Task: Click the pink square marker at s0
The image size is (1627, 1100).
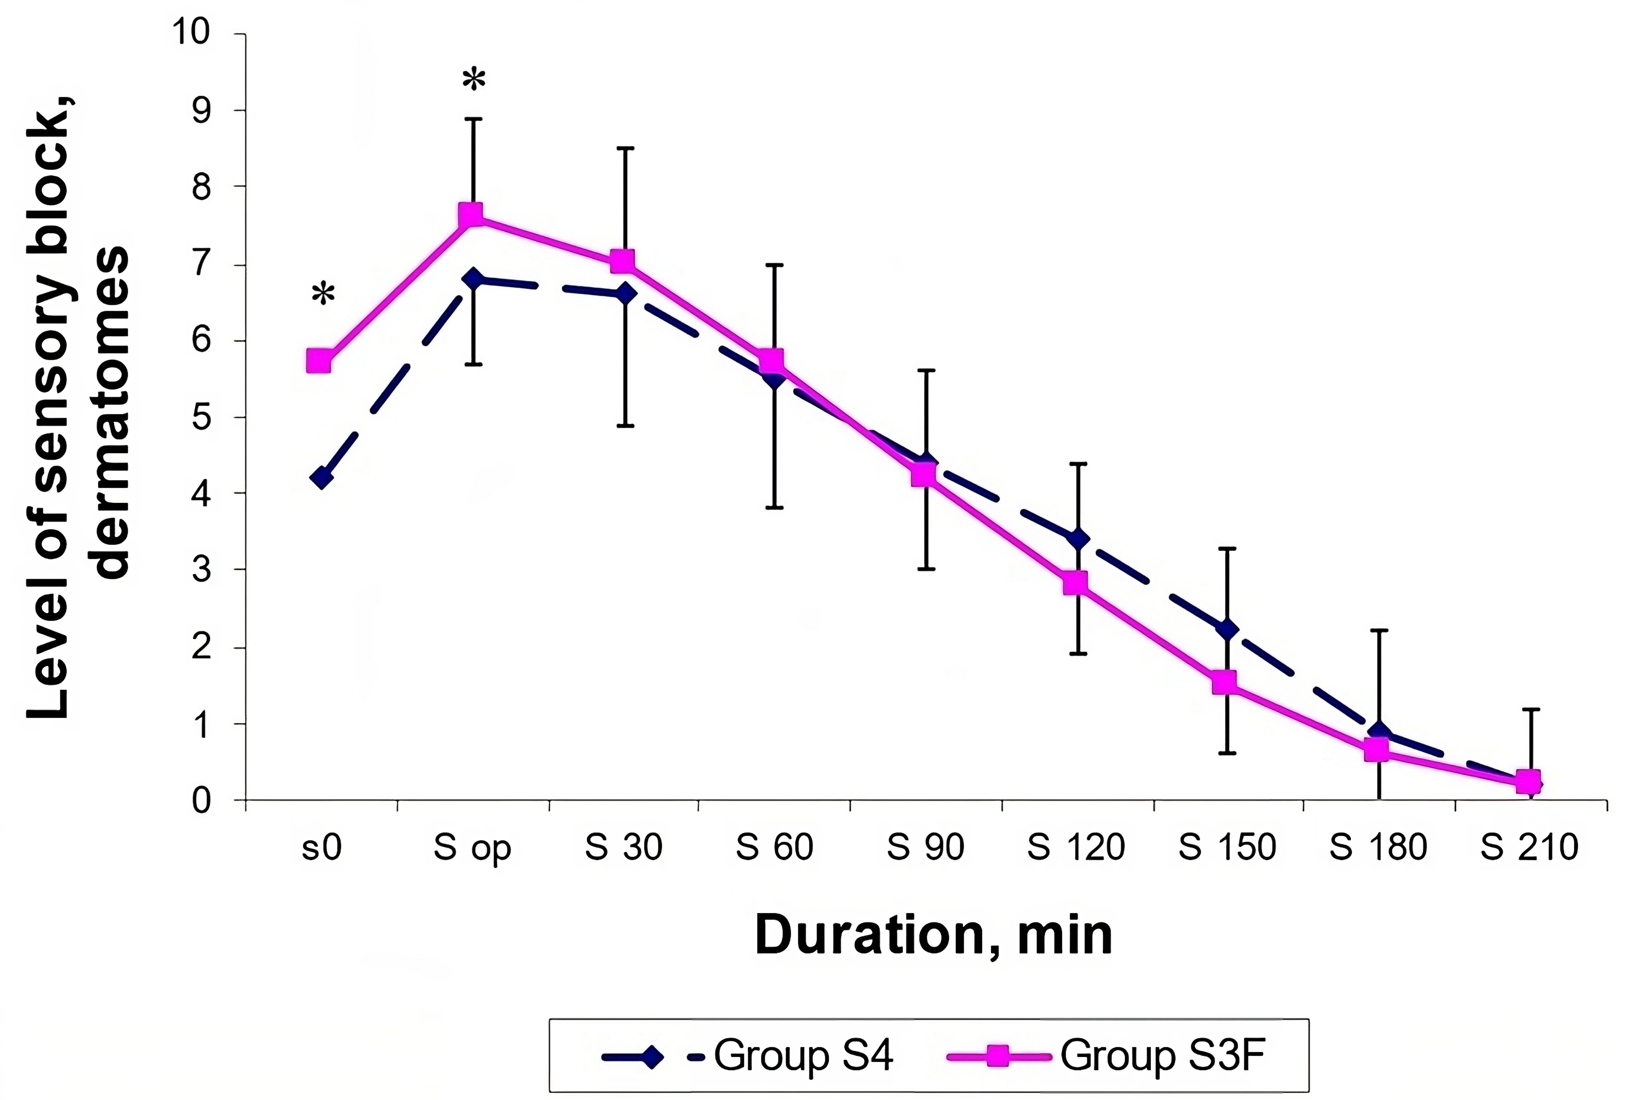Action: coord(319,362)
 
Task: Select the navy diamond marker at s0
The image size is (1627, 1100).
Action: coord(321,478)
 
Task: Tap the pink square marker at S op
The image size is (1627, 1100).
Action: coord(471,215)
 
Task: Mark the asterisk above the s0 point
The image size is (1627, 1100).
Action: coord(323,294)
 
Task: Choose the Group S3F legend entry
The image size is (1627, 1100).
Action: coord(1106,1056)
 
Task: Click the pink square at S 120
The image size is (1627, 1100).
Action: coord(1075,583)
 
